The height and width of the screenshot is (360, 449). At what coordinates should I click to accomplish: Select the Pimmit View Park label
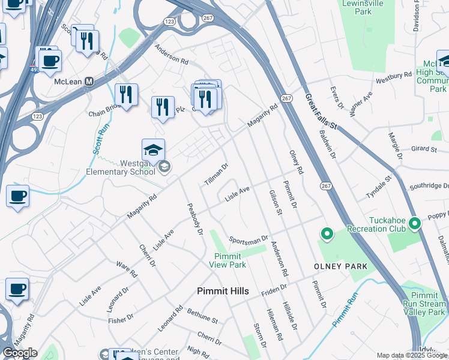point(231,260)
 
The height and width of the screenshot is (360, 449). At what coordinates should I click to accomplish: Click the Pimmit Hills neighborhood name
point(223,291)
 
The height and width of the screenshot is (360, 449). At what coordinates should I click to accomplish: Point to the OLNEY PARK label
point(340,266)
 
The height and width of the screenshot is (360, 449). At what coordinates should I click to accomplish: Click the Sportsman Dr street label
point(248,239)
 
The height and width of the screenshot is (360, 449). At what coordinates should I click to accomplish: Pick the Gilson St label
point(275,203)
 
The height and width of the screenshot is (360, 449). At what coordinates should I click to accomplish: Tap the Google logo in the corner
point(19,353)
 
